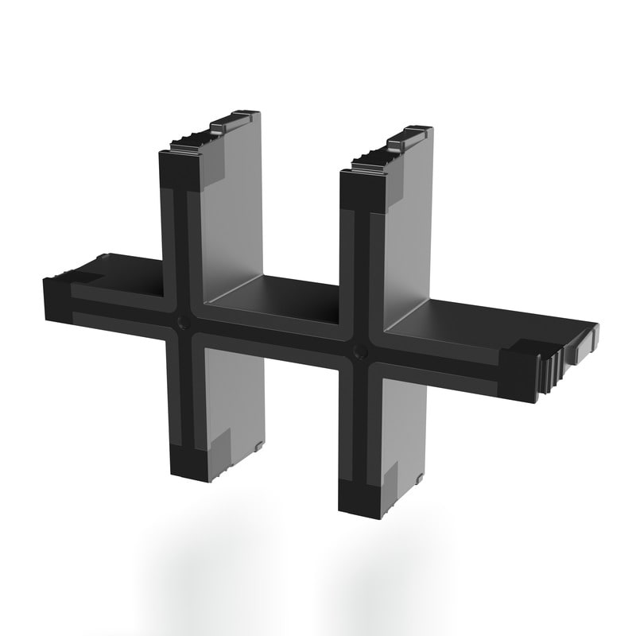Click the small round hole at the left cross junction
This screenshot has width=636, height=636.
tap(183, 321)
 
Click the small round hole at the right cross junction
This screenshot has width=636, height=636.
tap(360, 351)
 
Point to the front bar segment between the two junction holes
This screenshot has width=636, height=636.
tap(270, 335)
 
